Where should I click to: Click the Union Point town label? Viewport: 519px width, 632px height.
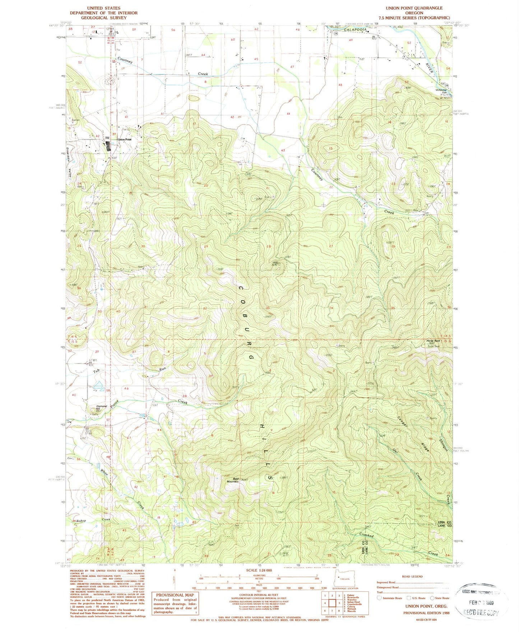125,140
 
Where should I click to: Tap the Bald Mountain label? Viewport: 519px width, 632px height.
232,480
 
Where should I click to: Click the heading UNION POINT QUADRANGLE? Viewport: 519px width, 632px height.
414,8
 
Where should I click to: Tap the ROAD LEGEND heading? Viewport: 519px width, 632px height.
412,576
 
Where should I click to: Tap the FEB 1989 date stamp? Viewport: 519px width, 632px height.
480,603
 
